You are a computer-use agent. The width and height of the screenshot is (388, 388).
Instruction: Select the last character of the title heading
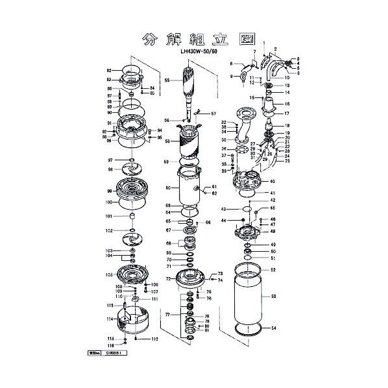pos(239,38)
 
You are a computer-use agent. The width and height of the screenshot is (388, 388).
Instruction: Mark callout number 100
pos(110,202)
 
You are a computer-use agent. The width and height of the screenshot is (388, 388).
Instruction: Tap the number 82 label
pos(110,69)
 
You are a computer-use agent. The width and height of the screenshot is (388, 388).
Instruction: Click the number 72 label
pos(168,279)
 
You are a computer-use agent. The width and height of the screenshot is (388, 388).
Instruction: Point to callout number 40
pos(273,182)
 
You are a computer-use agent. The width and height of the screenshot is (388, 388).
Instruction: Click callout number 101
pos(110,216)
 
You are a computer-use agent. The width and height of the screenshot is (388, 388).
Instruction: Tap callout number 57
pos(213,114)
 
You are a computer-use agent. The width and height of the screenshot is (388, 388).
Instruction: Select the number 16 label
pos(287,104)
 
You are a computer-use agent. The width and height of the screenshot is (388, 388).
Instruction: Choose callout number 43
pos(223,210)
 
